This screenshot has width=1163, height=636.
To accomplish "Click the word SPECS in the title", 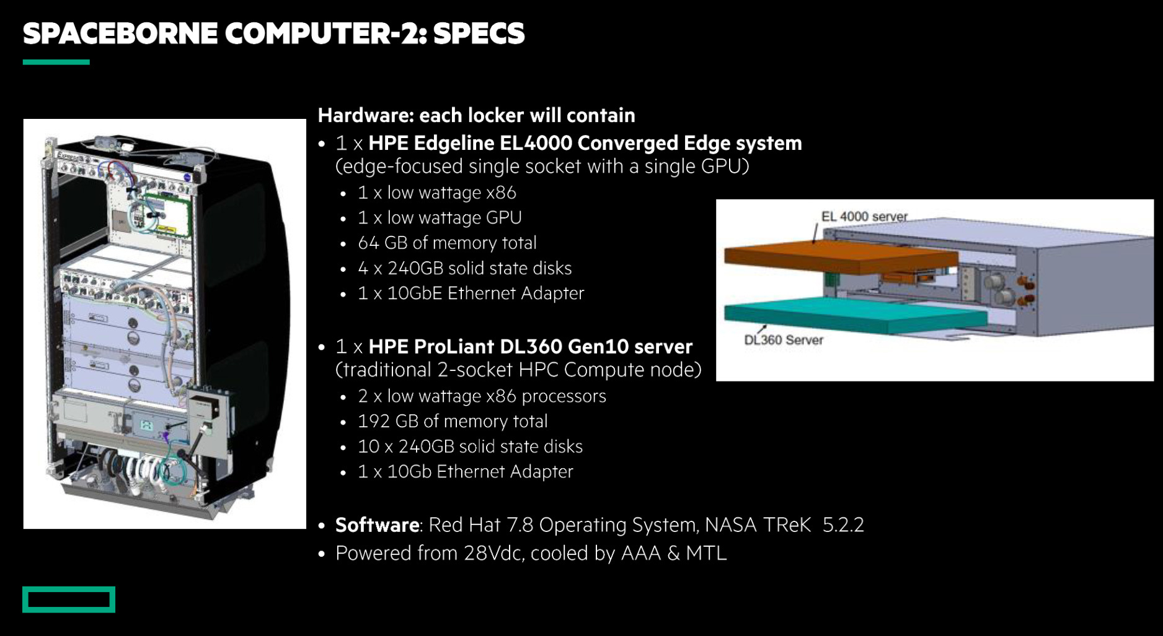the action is click(479, 33).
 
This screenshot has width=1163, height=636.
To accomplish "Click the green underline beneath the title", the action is click(56, 62).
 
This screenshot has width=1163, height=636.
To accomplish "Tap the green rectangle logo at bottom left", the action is click(69, 599).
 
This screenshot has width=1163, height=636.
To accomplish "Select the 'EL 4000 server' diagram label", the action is click(864, 217).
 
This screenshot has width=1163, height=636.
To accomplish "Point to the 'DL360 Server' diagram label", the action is click(784, 340).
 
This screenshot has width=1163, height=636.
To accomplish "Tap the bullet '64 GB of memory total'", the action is click(447, 243).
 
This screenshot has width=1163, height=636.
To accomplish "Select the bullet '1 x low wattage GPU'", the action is click(440, 218).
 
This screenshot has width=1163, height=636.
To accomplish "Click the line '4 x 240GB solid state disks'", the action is click(465, 268).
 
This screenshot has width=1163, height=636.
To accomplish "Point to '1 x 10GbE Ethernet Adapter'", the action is click(471, 293).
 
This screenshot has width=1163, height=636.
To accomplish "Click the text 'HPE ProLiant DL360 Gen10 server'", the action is click(531, 347).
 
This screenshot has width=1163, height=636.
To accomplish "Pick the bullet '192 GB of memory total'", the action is click(453, 421).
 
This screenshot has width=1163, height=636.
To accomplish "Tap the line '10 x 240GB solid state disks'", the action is click(471, 447).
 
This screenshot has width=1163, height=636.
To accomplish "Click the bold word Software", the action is click(378, 525).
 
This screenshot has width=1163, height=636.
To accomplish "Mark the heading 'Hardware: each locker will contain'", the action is click(476, 115).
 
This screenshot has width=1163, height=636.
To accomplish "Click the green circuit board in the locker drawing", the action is click(167, 214).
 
